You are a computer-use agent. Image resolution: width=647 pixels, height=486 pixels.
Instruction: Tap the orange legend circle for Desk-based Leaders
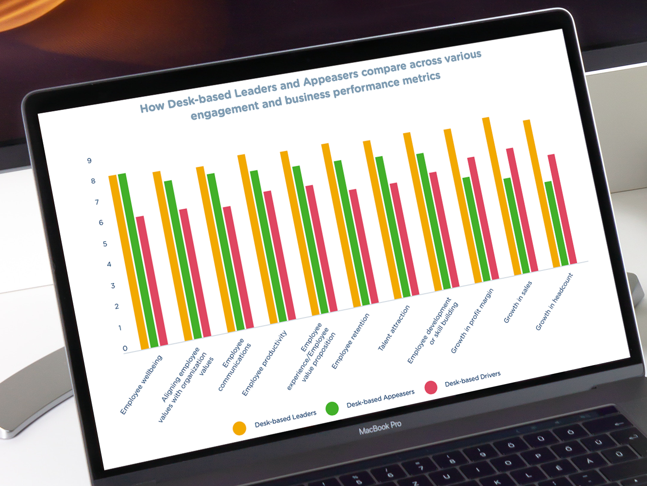point(239,428)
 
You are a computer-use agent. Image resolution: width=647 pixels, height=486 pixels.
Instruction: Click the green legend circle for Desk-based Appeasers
point(332,408)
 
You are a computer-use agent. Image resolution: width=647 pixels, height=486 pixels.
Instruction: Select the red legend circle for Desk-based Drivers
point(431,387)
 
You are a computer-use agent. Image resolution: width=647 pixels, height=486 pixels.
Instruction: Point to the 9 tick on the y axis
point(89,161)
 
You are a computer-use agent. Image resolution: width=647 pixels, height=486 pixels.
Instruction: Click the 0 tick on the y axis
point(125,348)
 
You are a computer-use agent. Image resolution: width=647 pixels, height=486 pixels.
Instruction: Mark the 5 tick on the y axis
point(105,244)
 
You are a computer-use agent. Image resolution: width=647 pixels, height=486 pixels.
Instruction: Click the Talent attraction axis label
point(394,328)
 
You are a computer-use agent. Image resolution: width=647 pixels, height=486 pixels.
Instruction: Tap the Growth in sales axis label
point(518,302)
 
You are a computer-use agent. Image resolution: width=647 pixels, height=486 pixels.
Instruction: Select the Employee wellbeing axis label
point(141,385)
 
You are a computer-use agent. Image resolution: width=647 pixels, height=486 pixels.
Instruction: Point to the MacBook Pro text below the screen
point(380,428)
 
